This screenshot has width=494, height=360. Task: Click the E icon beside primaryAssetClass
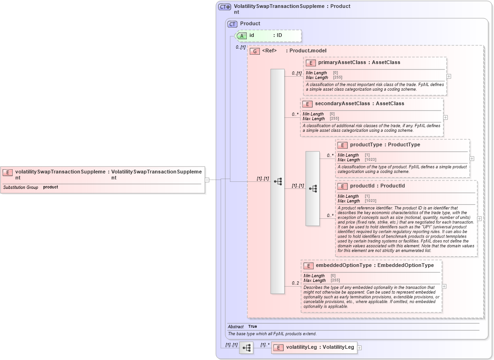[311, 63]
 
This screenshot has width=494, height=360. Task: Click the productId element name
[363, 186]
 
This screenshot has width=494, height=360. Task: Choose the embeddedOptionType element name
[344, 266]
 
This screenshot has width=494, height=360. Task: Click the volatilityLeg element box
[314, 347]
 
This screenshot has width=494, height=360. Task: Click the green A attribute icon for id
[242, 36]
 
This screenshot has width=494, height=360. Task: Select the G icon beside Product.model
[255, 51]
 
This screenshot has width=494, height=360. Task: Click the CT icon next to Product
[232, 24]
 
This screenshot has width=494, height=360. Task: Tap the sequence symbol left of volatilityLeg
[246, 347]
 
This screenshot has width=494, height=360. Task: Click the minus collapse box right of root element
[207, 179]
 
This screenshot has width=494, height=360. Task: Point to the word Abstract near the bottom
[236, 326]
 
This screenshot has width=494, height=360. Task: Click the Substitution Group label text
[21, 187]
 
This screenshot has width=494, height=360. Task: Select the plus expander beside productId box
[480, 218]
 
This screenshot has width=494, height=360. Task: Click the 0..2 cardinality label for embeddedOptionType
[295, 283]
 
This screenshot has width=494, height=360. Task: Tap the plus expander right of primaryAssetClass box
[449, 76]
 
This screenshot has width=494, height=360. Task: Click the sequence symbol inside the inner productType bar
[313, 188]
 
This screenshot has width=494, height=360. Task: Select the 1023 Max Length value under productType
[370, 160]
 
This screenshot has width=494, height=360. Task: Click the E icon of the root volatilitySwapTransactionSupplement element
[7, 172]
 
